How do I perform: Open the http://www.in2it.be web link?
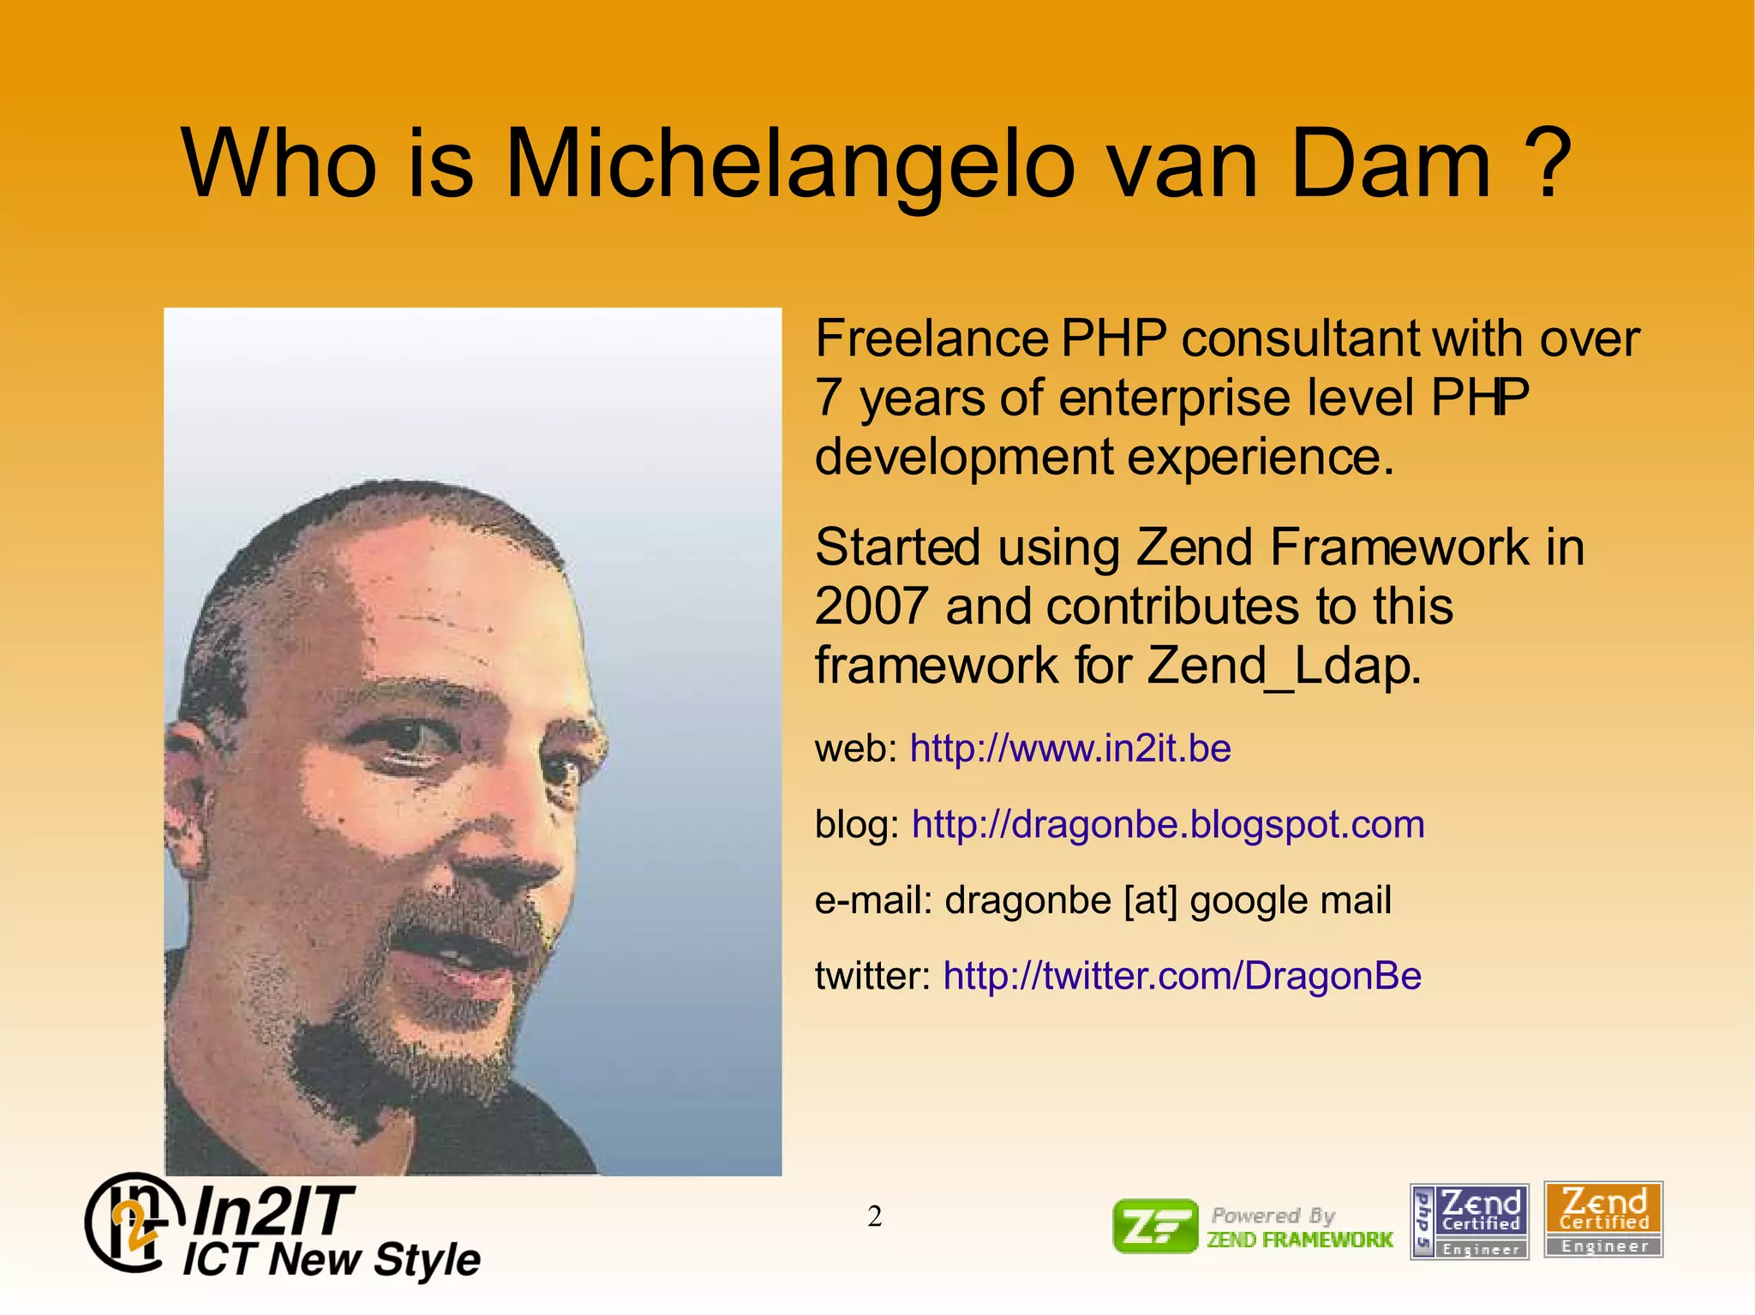(1069, 749)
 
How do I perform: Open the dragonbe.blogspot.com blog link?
(1167, 824)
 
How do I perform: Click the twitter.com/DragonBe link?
(1182, 976)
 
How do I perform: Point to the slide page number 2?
(874, 1216)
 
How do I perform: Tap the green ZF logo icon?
(1154, 1226)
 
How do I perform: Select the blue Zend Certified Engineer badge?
(1469, 1221)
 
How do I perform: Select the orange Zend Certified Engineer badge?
(1603, 1219)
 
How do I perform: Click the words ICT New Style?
(332, 1259)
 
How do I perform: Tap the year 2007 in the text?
(872, 607)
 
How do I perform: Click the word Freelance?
(931, 338)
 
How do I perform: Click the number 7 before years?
(828, 397)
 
